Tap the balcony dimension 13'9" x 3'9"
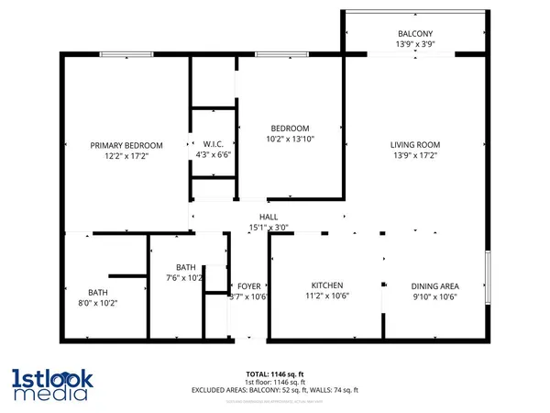(416, 43)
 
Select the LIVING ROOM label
(416, 144)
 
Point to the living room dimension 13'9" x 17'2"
(416, 157)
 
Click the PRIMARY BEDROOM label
(126, 145)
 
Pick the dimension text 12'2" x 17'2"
(126, 157)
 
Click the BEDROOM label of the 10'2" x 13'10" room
(290, 128)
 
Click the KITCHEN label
(326, 285)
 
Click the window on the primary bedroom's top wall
(126, 55)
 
